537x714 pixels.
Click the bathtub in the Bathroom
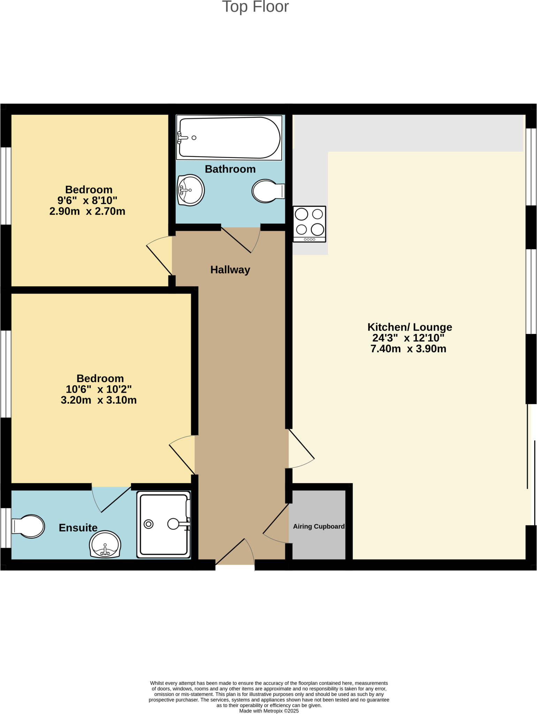click(x=229, y=138)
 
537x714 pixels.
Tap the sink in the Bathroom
click(x=191, y=190)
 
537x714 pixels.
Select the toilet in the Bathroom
click(x=268, y=191)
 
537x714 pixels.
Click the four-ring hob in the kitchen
click(x=309, y=224)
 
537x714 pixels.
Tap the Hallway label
click(x=230, y=270)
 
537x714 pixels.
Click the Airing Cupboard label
click(x=319, y=526)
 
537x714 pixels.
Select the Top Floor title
click(x=255, y=7)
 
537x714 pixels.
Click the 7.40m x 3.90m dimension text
click(x=408, y=349)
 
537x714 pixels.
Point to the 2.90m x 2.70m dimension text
click(x=87, y=211)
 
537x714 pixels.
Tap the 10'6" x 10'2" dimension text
click(x=99, y=389)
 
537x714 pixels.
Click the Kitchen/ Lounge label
click(x=410, y=327)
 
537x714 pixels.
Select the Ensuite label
click(x=78, y=528)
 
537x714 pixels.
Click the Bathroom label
click(x=230, y=169)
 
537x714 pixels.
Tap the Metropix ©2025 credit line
click(x=269, y=711)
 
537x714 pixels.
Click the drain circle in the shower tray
click(x=149, y=524)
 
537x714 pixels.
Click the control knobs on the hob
click(x=309, y=239)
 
